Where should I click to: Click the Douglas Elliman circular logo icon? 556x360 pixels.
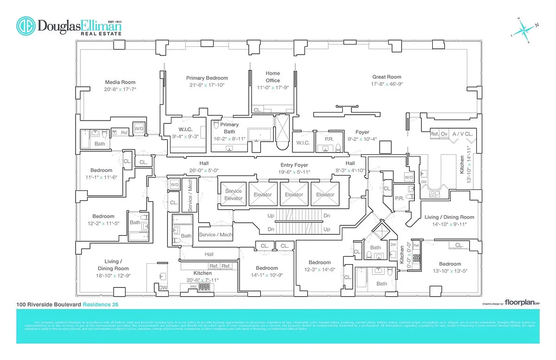tap(26, 26)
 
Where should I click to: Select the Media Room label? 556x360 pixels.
tap(120, 82)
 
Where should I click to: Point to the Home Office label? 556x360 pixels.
tap(273, 76)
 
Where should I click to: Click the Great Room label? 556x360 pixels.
tap(386, 77)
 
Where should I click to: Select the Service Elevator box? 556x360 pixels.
tap(233, 194)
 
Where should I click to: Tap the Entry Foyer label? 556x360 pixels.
tap(294, 165)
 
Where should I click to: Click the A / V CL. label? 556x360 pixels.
tap(462, 134)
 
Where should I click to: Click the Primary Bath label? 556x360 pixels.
tap(229, 128)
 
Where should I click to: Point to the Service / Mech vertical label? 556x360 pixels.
tap(190, 196)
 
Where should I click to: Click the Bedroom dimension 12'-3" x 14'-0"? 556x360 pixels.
tap(319, 270)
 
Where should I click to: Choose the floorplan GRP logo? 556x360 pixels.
tap(521, 302)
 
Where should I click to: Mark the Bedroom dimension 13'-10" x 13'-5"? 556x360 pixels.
tap(450, 271)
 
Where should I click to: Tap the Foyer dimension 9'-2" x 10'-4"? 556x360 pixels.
tap(362, 139)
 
